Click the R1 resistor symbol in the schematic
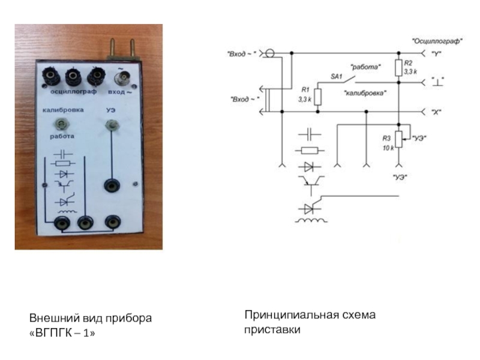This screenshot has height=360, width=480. pos(318,97)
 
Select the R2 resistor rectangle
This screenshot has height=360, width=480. pos(398,67)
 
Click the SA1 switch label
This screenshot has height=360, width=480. pos(336,76)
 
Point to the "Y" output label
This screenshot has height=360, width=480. pos(437,53)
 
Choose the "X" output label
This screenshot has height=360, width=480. pos(437,112)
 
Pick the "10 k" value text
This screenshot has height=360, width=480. pos(389,147)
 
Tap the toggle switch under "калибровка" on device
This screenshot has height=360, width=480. pos(61,124)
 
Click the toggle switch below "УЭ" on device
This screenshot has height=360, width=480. pos(110,125)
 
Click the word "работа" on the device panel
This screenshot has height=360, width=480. pos(62,136)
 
